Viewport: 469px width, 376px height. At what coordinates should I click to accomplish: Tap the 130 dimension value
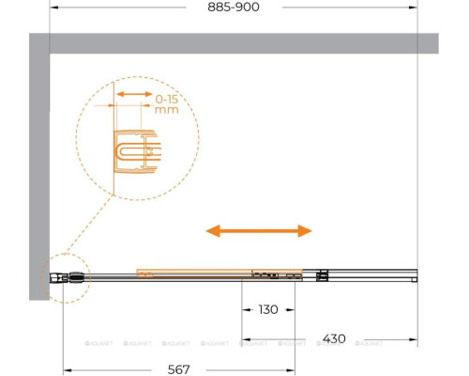tap(268, 309)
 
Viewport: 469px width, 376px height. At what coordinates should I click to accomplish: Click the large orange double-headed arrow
tap(259, 230)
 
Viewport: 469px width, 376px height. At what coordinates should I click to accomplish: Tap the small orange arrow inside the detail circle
tap(132, 95)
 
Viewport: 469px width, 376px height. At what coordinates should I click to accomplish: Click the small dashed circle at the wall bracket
tap(65, 277)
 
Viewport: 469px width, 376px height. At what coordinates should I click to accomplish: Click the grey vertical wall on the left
tap(38, 169)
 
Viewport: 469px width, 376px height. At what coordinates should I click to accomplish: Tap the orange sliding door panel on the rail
tap(192, 274)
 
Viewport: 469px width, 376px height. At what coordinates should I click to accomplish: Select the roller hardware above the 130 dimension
tap(277, 275)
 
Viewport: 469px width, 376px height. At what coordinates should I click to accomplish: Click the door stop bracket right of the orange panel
tap(323, 275)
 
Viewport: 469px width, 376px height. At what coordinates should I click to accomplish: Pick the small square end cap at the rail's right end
tap(414, 276)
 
